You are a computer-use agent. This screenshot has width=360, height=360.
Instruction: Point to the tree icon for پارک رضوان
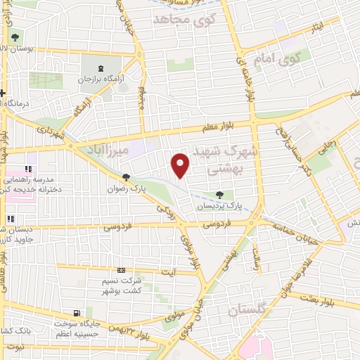click(126, 178)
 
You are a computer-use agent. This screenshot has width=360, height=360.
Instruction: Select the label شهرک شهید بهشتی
click(224, 159)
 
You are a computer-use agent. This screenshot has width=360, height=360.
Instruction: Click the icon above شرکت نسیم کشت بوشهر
click(120, 269)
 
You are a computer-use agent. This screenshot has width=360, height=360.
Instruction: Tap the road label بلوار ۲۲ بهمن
click(124, 329)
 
